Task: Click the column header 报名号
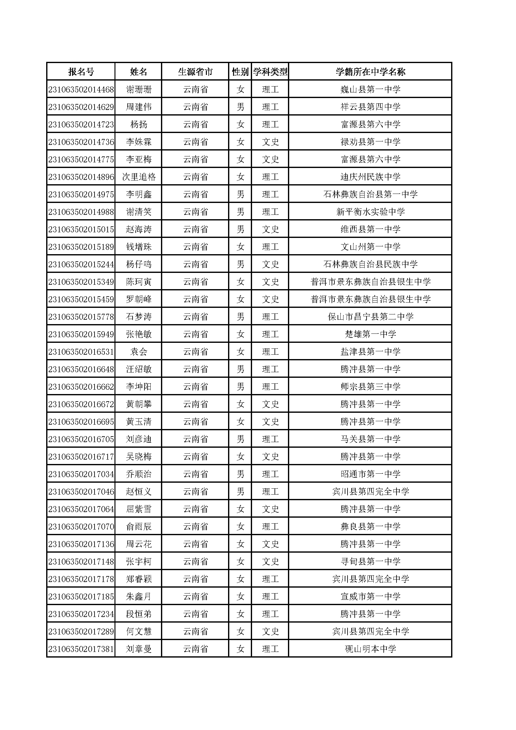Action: click(x=81, y=72)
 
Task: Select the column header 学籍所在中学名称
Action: click(x=370, y=72)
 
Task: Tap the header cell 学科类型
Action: click(x=270, y=72)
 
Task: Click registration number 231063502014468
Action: click(x=81, y=90)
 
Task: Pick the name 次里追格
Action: click(x=139, y=177)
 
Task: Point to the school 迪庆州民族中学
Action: click(x=370, y=177)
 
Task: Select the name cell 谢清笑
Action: click(x=139, y=212)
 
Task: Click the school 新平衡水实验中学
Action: click(x=370, y=212)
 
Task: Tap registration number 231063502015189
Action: click(x=81, y=247)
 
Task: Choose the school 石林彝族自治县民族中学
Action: click(x=370, y=264)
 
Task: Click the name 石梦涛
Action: click(x=139, y=317)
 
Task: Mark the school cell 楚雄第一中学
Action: click(x=370, y=334)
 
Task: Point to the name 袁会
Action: click(x=139, y=352)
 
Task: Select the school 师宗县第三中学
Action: click(x=370, y=387)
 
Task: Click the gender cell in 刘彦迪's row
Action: click(x=240, y=439)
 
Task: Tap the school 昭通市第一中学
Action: click(x=370, y=474)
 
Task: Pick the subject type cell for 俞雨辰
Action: click(x=270, y=527)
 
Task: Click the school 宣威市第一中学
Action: click(x=370, y=597)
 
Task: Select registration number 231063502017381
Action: click(x=81, y=649)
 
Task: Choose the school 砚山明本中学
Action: click(x=370, y=649)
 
